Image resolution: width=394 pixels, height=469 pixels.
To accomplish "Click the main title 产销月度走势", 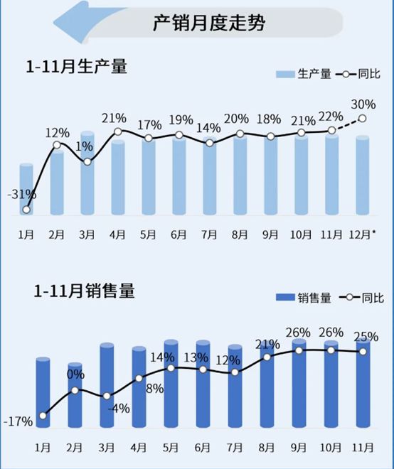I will coord(209,23).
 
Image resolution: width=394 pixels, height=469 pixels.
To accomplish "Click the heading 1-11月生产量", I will coord(76,68).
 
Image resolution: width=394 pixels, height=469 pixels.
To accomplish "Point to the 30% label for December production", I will coord(363,104).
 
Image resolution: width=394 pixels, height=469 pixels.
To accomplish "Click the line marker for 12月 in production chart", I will coord(363,119).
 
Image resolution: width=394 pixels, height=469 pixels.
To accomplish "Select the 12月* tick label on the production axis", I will coord(363,234).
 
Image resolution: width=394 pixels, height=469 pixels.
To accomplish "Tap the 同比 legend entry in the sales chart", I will coord(364,298).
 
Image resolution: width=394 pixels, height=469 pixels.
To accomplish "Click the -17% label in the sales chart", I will coord(18,421).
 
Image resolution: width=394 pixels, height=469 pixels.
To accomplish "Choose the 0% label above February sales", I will coord(75,374).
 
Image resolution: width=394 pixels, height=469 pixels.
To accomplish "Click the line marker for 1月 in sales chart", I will coord(43,416).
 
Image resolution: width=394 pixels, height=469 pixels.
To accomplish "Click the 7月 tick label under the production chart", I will coord(209,234).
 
